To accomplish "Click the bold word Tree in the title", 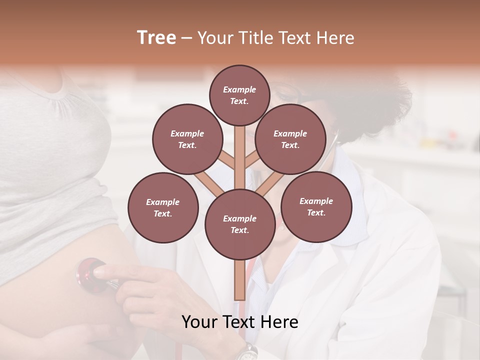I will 156,38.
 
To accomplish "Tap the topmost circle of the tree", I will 239,95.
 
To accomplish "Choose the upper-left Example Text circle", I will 187,139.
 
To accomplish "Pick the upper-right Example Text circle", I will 290,139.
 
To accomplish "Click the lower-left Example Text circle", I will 162,207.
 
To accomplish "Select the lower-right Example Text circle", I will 316,206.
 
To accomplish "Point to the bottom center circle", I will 239,224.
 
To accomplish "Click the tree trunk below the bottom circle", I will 239,280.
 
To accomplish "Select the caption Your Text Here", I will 239,322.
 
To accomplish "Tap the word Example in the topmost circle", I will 239,89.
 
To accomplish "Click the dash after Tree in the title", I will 186,38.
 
